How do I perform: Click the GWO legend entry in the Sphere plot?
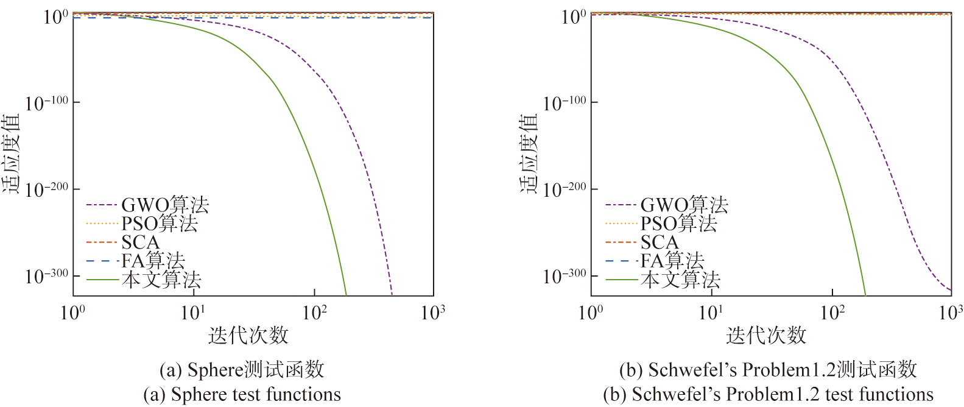pos(164,205)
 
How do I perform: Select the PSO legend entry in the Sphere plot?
pos(160,224)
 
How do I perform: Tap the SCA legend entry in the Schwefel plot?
pos(659,242)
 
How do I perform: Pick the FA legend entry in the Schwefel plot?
pos(672,261)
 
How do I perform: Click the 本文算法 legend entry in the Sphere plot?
pos(161,280)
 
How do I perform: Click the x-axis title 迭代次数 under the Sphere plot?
pos(248,335)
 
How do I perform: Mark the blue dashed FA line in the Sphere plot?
pos(244,18)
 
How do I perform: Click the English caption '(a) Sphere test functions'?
pos(242,395)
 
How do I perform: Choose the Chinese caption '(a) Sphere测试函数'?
pos(242,370)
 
